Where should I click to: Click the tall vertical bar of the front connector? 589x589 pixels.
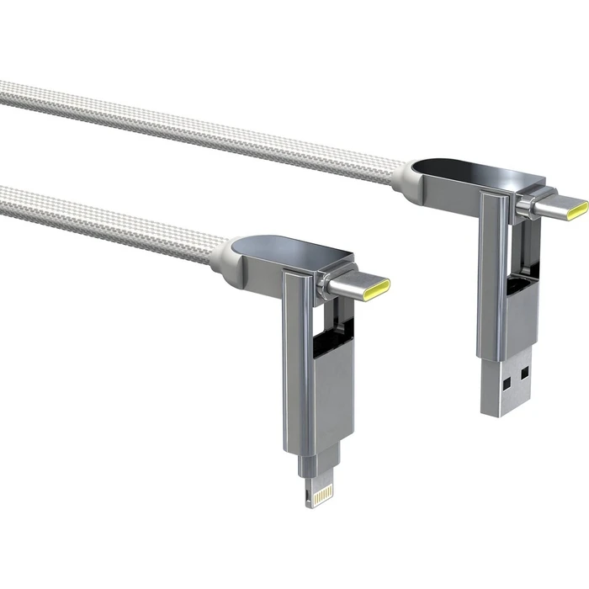click(x=296, y=353)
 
